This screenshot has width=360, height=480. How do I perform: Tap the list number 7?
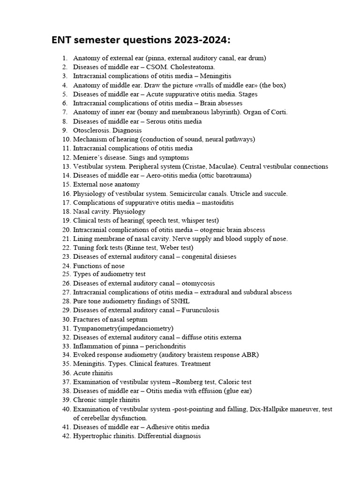(x=65, y=112)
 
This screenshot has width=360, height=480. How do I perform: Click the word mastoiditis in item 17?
(x=217, y=202)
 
